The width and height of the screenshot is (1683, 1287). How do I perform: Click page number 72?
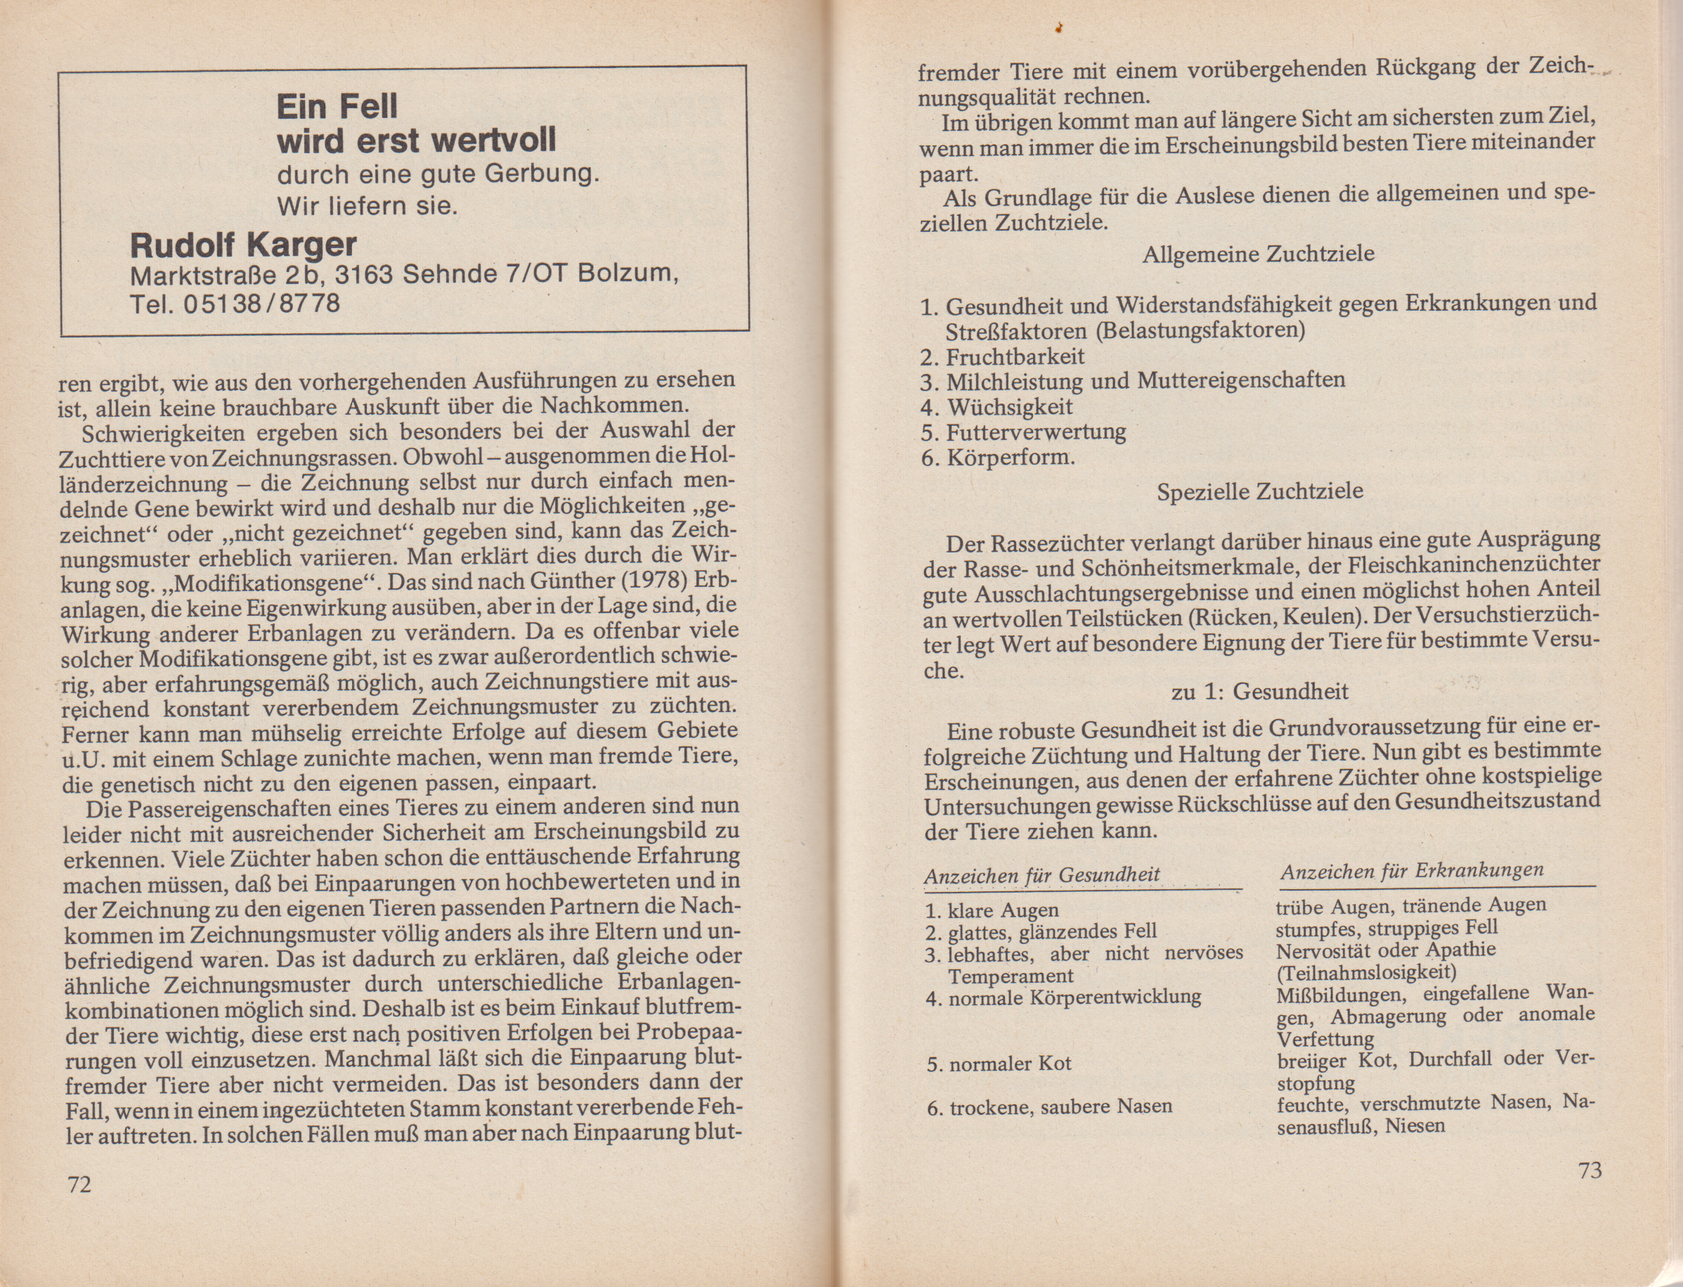tap(79, 1185)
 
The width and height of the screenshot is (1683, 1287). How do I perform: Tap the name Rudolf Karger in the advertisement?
tap(244, 245)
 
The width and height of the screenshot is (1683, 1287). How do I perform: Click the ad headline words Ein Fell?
tap(337, 106)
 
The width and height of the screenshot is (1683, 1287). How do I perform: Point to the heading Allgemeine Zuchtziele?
tap(1258, 254)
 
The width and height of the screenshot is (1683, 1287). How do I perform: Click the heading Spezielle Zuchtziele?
tap(1259, 491)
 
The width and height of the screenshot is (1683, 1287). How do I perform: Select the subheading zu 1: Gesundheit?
tap(1259, 692)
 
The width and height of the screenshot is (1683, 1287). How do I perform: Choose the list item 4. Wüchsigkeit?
tap(997, 407)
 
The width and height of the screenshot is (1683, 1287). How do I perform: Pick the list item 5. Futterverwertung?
tap(1024, 432)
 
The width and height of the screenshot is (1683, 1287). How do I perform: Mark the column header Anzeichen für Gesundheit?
tap(1041, 876)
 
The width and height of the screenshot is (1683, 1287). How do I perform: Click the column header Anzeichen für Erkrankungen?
tap(1411, 871)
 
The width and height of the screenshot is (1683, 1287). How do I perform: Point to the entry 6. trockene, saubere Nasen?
tap(1049, 1107)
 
